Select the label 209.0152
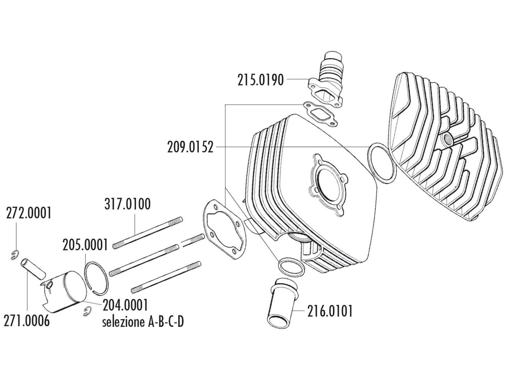pos(190,147)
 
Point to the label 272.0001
pos(29,213)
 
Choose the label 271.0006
pos(26,320)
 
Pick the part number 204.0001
pos(125,305)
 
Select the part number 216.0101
pos(330,311)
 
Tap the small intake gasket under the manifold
pos(317,109)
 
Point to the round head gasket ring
pos(382,162)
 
